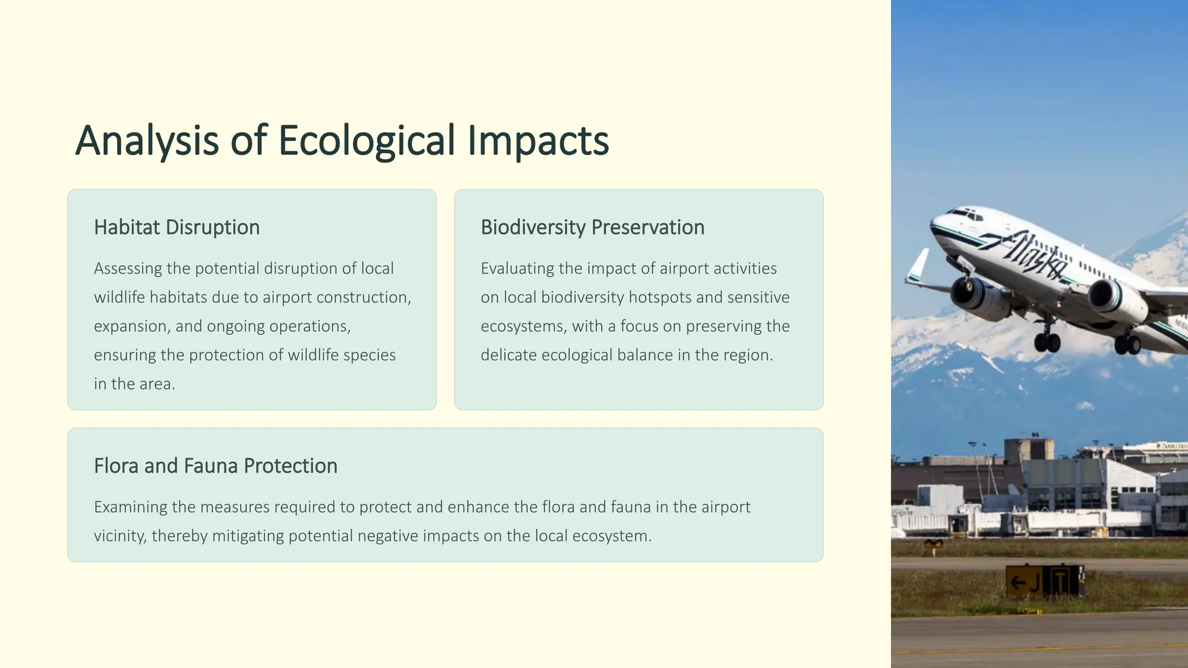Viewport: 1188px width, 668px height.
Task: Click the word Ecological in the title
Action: pyautogui.click(x=367, y=141)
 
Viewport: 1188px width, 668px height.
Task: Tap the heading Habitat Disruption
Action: pyautogui.click(x=176, y=227)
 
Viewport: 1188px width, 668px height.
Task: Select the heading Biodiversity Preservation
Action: pyautogui.click(x=592, y=227)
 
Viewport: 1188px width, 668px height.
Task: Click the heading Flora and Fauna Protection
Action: pyautogui.click(x=215, y=466)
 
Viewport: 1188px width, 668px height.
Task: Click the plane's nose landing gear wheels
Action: pyautogui.click(x=1046, y=342)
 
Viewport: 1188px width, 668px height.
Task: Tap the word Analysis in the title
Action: pyautogui.click(x=147, y=141)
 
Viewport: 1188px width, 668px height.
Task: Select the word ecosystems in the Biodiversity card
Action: pyautogui.click(x=521, y=326)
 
